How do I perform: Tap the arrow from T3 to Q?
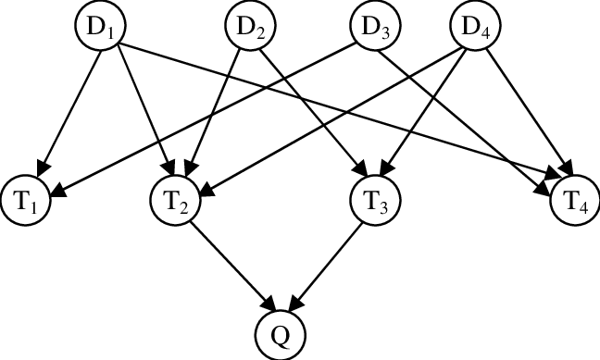click(327, 265)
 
